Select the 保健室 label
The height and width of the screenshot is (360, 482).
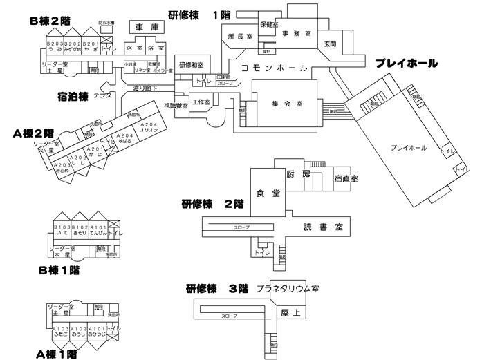click(269, 24)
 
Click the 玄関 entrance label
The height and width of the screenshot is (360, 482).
click(329, 44)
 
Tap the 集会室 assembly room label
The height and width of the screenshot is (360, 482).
click(285, 104)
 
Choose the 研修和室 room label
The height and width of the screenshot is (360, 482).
click(191, 64)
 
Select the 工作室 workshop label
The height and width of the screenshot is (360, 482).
click(201, 102)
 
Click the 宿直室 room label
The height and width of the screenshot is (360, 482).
click(345, 178)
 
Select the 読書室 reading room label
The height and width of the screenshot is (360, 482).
click(317, 226)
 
